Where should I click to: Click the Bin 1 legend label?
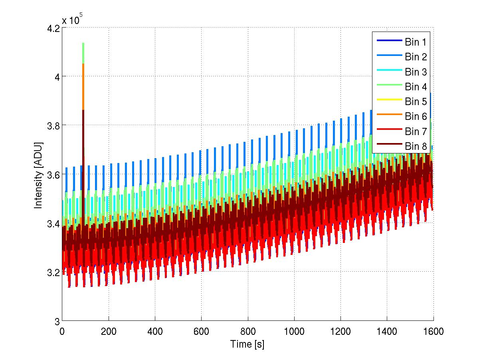click(x=416, y=42)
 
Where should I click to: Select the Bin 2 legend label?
click(x=416, y=57)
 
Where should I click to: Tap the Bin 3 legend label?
click(x=416, y=72)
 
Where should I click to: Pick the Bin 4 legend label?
click(x=416, y=87)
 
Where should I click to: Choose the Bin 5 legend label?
click(x=416, y=101)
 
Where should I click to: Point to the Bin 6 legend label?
click(x=416, y=116)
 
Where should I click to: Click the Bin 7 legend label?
click(x=416, y=131)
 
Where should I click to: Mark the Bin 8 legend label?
click(x=416, y=146)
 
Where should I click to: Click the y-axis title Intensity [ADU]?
click(x=38, y=174)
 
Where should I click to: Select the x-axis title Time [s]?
click(x=247, y=344)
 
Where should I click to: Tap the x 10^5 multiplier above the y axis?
click(x=72, y=20)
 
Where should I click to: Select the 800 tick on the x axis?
click(x=247, y=331)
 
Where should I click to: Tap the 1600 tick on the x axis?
click(x=433, y=331)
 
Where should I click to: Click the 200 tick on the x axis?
click(x=108, y=331)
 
